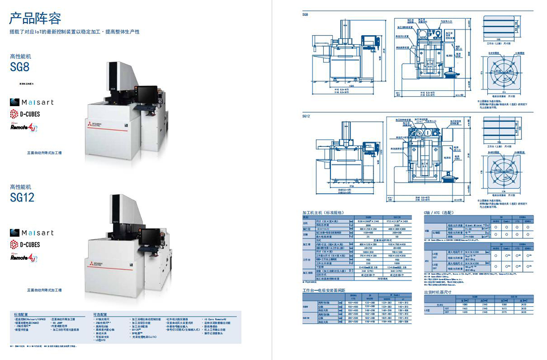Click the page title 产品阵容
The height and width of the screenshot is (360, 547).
click(x=36, y=19)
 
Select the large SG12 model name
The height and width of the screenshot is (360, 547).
click(x=22, y=197)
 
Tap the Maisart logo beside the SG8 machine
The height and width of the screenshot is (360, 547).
click(x=31, y=102)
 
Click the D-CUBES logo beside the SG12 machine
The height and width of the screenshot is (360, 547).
click(x=25, y=245)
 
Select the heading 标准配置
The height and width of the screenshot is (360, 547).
click(x=21, y=314)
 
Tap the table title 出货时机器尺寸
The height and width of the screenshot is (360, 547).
click(x=438, y=292)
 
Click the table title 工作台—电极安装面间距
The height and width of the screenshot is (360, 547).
click(x=324, y=290)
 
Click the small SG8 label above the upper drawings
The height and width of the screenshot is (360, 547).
click(x=305, y=15)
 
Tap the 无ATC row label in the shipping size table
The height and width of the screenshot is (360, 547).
click(x=440, y=304)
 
